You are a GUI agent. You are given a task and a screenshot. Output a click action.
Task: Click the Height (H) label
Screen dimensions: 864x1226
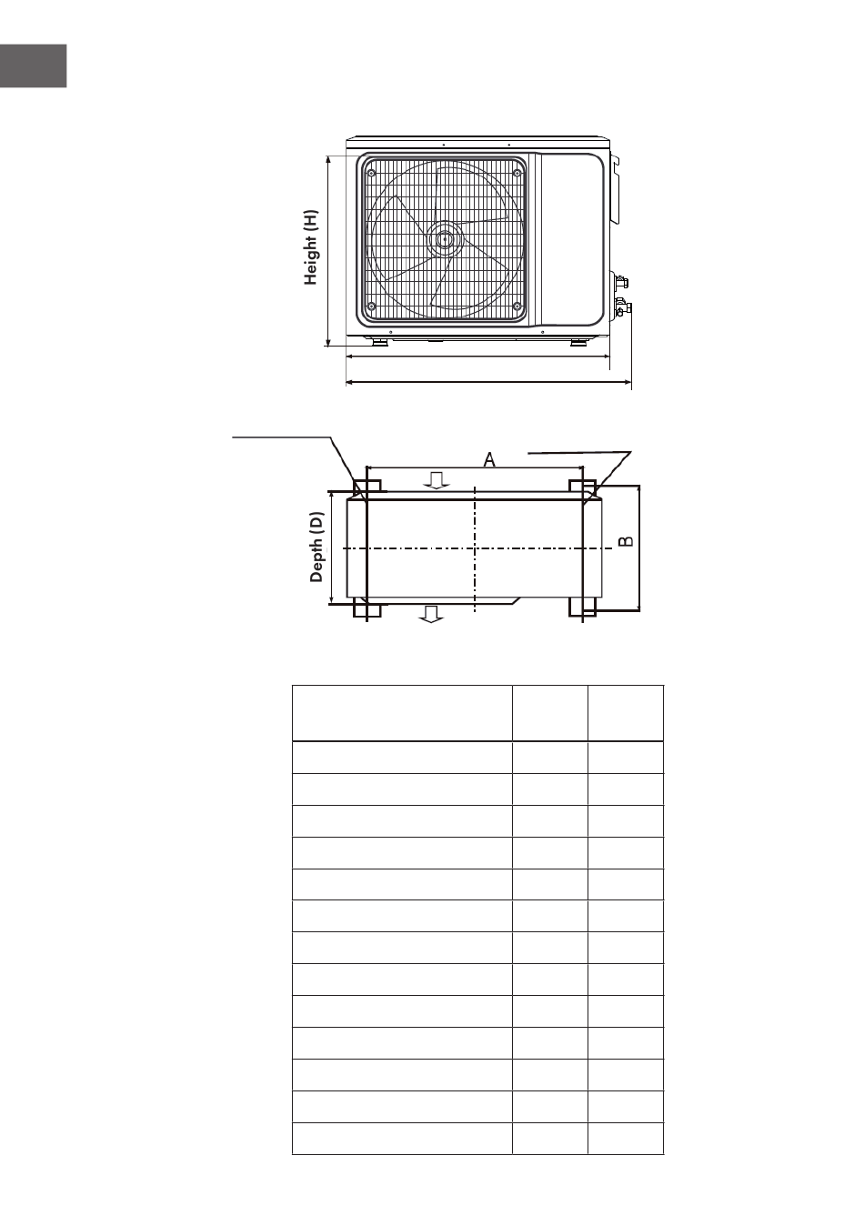[x=310, y=246]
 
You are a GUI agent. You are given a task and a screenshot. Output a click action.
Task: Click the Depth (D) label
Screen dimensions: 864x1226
[x=316, y=547]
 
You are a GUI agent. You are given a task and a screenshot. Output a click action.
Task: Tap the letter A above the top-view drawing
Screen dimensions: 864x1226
[x=489, y=460]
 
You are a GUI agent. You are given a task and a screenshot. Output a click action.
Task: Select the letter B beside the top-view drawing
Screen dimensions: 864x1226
[x=626, y=541]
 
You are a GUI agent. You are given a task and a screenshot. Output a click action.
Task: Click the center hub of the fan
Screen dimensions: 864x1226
[x=445, y=239]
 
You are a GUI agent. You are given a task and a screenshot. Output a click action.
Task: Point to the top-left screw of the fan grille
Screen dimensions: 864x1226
[x=372, y=173]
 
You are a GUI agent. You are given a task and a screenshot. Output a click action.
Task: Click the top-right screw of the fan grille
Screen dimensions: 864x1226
[x=517, y=173]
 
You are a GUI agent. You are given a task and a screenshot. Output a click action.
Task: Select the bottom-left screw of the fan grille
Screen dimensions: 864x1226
[x=372, y=306]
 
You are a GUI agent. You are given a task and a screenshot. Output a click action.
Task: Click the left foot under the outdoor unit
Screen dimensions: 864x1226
[x=378, y=342]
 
